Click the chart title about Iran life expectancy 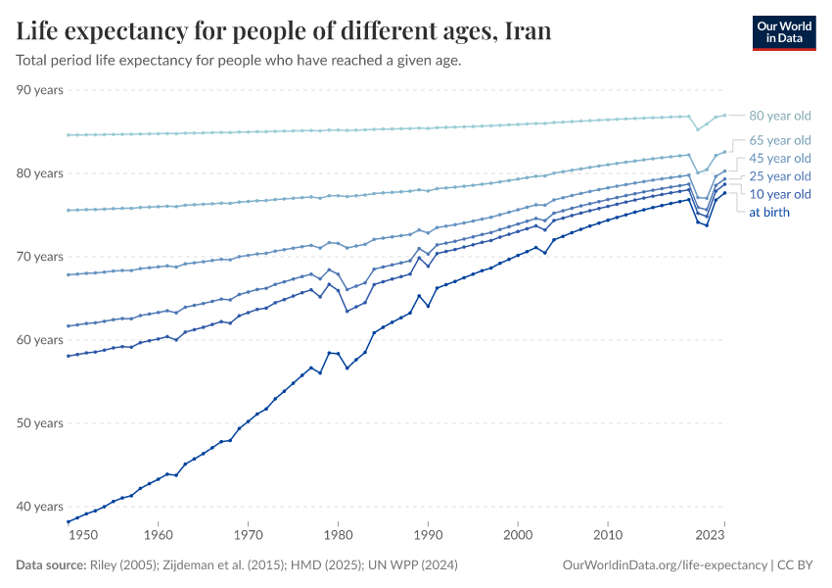(284, 31)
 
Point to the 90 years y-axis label (40, 90)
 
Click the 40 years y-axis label (40, 507)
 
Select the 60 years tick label (40, 340)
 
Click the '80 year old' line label (780, 115)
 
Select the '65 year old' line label (780, 140)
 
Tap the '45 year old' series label (780, 159)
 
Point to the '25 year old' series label (780, 176)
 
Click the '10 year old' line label (780, 194)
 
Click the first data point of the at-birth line (67, 521)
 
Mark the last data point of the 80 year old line (724, 115)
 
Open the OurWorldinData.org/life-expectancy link (666, 565)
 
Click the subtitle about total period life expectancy (239, 60)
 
